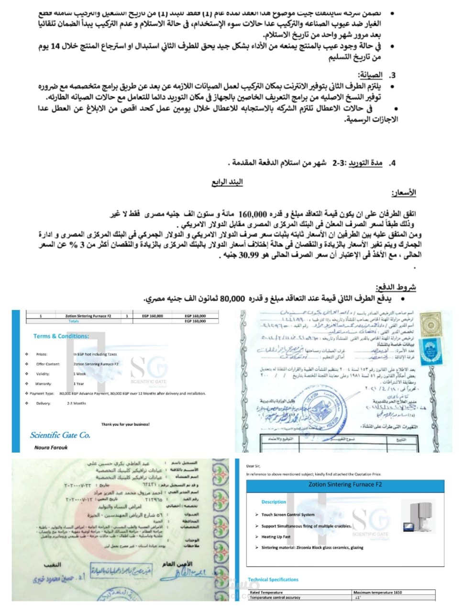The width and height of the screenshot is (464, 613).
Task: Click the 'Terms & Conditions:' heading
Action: [61, 336]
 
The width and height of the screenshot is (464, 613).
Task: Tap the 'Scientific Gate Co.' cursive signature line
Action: [60, 435]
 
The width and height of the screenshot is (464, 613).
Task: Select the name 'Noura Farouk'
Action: [51, 448]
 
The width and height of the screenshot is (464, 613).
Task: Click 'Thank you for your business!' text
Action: [125, 424]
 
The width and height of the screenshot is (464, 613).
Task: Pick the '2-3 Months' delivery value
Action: [77, 403]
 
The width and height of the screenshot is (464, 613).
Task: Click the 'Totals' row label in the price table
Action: [74, 321]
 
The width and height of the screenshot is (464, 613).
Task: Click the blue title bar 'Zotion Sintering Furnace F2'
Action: [345, 485]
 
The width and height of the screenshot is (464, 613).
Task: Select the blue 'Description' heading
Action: [274, 502]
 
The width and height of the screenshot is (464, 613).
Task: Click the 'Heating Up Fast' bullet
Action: [276, 537]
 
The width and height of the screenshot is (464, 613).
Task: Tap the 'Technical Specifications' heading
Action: [273, 579]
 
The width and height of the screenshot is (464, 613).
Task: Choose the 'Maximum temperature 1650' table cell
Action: [378, 592]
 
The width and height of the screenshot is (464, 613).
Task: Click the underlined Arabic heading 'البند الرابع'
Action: [227, 182]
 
